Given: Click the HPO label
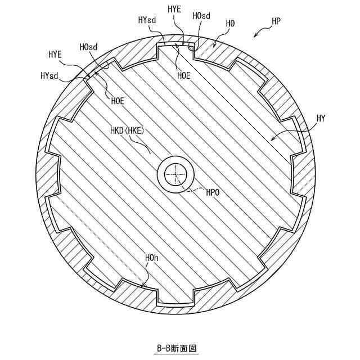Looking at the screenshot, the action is tap(213, 192).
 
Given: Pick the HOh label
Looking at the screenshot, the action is tap(151, 258).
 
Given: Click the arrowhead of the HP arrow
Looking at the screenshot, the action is tap(255, 36).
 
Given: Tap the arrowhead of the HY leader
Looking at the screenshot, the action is tap(272, 138).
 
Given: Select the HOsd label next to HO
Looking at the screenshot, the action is tap(201, 16).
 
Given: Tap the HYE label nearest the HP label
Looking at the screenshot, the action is tap(175, 9).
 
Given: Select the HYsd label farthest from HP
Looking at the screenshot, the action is tap(49, 76).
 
